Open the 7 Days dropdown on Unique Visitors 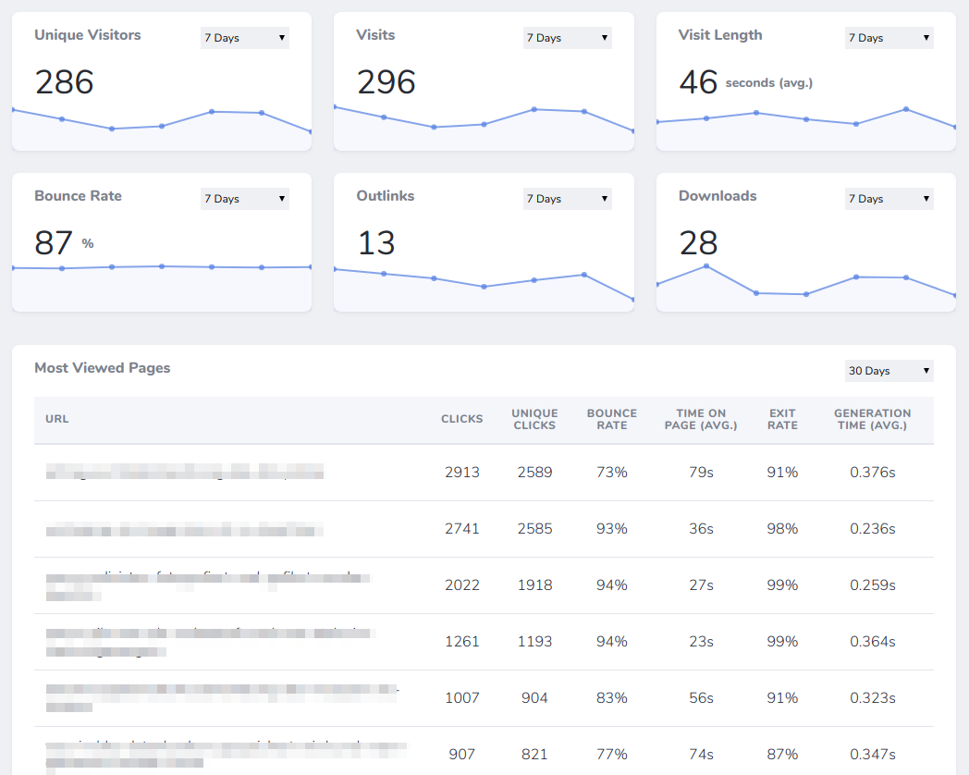[244, 38]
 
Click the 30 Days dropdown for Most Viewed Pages [889, 371]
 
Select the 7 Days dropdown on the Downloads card [889, 199]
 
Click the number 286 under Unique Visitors [65, 82]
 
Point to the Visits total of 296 [386, 82]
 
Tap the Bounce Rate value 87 [54, 243]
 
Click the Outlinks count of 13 [376, 243]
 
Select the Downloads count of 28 [698, 243]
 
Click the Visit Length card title [720, 35]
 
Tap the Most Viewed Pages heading [103, 368]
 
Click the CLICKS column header [462, 419]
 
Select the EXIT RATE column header [782, 420]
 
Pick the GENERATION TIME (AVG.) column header [872, 420]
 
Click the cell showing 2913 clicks [462, 473]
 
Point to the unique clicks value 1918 [534, 585]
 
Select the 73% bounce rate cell [612, 473]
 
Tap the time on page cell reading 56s [701, 698]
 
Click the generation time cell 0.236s [872, 529]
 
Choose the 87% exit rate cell [782, 755]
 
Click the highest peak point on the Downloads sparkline [706, 266]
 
